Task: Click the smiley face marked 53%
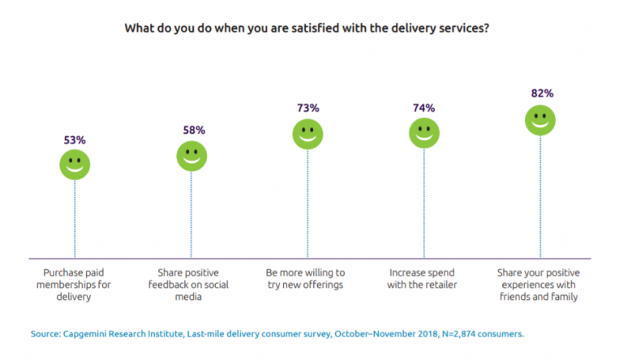click(x=75, y=165)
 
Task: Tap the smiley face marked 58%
click(x=191, y=156)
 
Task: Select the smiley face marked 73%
click(x=307, y=134)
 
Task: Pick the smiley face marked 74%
click(x=424, y=133)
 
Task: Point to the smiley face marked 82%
click(x=540, y=120)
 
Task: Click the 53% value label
click(x=75, y=139)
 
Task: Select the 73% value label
click(x=308, y=108)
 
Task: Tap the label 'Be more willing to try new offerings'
click(x=307, y=280)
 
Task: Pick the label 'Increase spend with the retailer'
click(x=424, y=280)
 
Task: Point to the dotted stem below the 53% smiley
click(x=75, y=219)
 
